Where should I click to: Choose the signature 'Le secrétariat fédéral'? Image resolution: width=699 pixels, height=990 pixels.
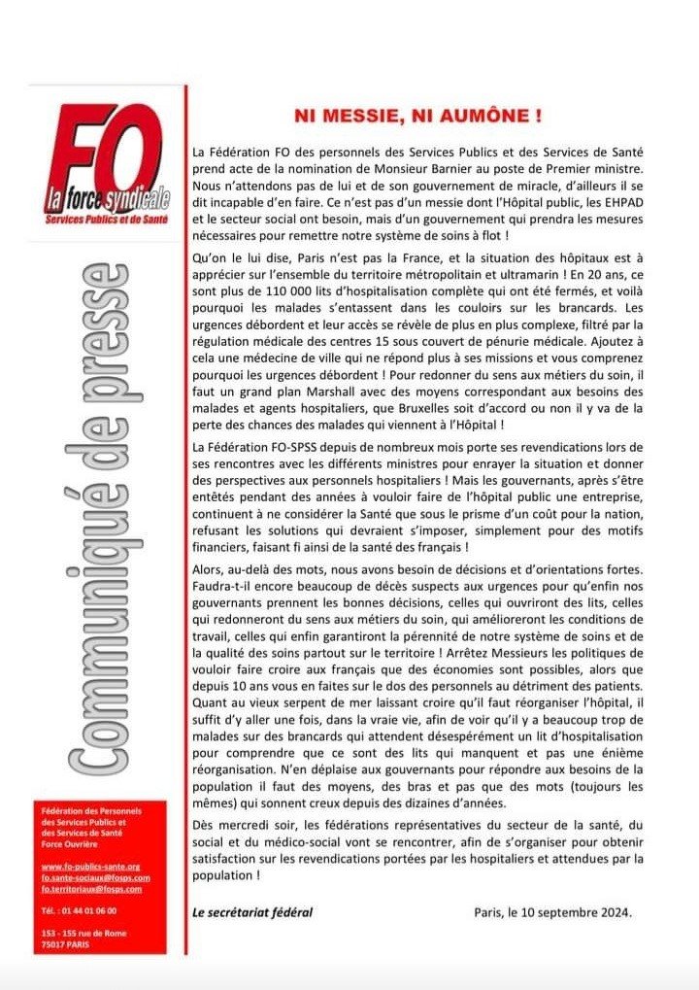click(253, 912)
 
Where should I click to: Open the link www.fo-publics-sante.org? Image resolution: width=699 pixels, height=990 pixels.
click(91, 866)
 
